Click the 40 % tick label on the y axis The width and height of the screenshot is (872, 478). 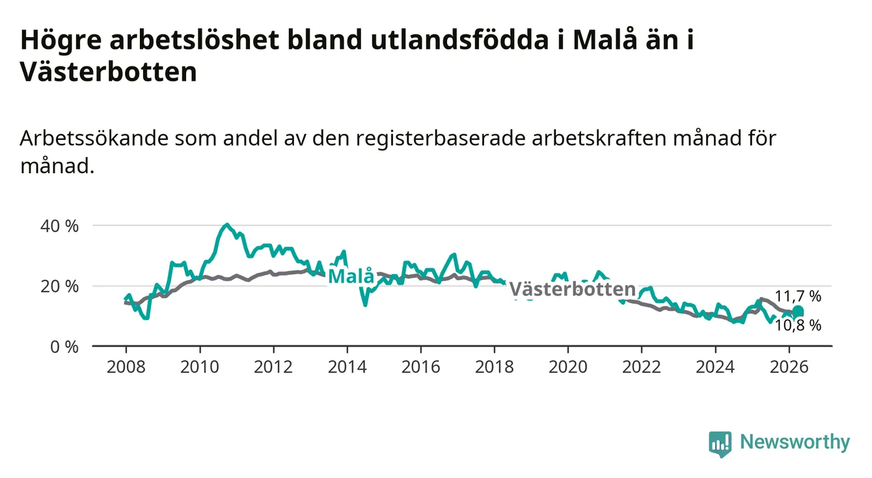[59, 226]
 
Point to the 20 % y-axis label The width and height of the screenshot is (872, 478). [59, 287]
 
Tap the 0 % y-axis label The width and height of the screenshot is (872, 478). [64, 346]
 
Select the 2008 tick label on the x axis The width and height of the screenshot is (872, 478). [126, 367]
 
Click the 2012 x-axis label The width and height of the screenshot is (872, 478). [273, 367]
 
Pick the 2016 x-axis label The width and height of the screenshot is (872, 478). [420, 367]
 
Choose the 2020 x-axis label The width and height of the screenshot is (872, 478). [568, 367]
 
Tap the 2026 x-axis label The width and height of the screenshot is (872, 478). [789, 367]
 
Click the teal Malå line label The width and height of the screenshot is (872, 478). [351, 276]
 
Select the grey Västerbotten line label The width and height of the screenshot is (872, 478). [572, 289]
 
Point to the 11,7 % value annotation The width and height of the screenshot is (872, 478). [798, 296]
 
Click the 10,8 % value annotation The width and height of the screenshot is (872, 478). [798, 326]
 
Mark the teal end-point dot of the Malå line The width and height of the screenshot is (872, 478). [798, 311]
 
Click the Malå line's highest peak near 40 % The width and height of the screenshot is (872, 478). [227, 225]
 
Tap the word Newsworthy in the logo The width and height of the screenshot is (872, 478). [795, 442]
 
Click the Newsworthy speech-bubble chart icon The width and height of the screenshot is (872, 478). [720, 444]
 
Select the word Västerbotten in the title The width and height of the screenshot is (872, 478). [109, 72]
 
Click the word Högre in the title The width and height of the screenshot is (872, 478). [61, 41]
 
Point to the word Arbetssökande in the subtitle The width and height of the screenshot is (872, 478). [94, 138]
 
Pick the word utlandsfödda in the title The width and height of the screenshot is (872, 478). [459, 40]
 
